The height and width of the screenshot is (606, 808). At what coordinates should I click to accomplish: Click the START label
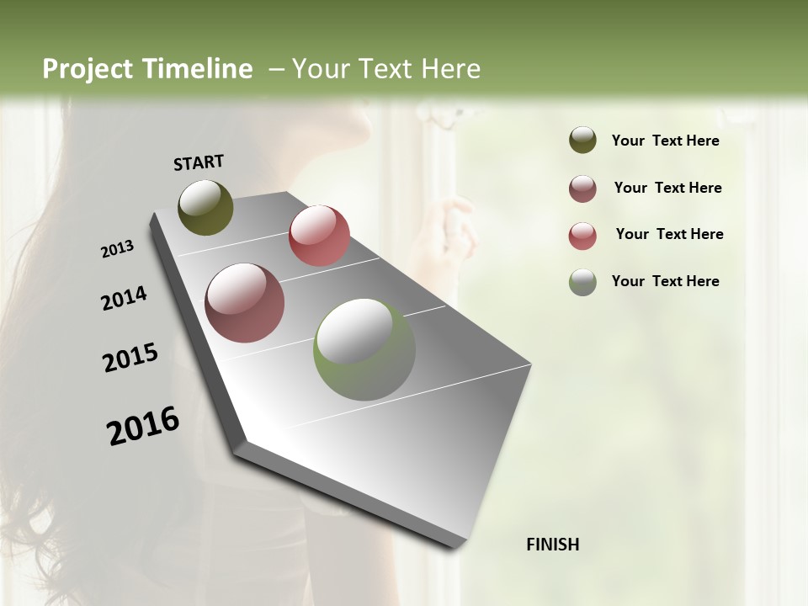tap(199, 162)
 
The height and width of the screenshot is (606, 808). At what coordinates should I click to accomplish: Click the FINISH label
tap(553, 545)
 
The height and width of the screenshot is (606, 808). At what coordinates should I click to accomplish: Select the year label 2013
tap(117, 249)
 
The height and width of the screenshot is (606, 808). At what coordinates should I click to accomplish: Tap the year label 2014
tap(124, 299)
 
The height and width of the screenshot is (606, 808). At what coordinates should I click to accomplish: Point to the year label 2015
tap(130, 358)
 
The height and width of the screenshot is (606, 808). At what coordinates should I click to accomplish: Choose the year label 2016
tap(143, 426)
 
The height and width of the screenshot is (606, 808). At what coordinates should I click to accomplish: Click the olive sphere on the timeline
tap(206, 207)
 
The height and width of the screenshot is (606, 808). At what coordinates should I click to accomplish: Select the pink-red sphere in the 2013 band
tap(319, 236)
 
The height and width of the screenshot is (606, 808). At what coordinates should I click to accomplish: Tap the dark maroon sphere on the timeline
tap(245, 303)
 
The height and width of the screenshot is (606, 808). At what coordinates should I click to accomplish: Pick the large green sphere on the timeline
tap(364, 349)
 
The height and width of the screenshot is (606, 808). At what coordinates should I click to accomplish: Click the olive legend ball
tap(582, 141)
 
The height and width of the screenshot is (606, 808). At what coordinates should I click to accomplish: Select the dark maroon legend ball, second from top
tap(582, 189)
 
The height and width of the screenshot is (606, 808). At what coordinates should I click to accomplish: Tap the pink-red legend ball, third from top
tap(582, 236)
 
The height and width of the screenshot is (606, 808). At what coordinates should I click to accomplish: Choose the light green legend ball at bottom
tap(582, 282)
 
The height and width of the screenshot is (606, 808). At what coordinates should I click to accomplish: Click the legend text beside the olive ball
tap(665, 141)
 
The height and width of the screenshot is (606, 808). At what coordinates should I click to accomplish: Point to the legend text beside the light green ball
tap(665, 281)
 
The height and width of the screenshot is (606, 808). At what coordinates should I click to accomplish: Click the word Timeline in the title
tap(198, 69)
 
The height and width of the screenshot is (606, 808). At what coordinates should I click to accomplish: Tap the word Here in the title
tap(449, 69)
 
